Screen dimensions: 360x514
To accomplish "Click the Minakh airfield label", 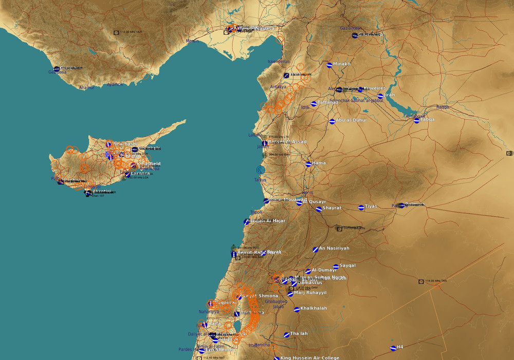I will tap(342, 64).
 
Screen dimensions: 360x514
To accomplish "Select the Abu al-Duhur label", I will tap(352, 121).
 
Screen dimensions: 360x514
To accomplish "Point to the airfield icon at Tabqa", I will tap(416, 120).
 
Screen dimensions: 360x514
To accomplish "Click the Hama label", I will tap(319, 163).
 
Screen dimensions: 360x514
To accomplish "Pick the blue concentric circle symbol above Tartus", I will tap(261, 169).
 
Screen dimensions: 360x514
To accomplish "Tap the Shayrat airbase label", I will tap(333, 209).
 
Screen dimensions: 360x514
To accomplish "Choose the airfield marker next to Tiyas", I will tap(360, 207).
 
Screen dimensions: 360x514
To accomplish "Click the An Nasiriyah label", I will tap(334, 249).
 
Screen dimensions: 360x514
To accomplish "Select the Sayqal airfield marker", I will tap(336, 267).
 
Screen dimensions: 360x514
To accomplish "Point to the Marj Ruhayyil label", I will tap(310, 293).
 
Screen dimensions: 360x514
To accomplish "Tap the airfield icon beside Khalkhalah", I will tap(297, 309).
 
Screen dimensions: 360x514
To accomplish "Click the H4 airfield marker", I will tap(392, 348).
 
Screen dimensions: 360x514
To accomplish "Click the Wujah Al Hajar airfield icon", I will tap(247, 222).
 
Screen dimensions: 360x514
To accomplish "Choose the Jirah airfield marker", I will tap(380, 96).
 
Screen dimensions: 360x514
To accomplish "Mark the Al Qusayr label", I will tap(315, 202).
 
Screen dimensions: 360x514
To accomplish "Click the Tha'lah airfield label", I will tap(299, 333).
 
